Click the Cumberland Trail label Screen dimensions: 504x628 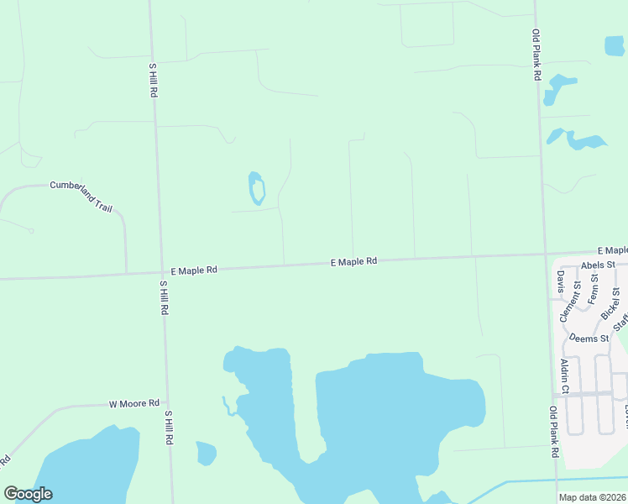click(x=81, y=196)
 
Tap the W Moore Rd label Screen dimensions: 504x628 click(x=134, y=404)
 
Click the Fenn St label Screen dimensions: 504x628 click(x=593, y=289)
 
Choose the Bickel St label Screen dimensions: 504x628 click(x=610, y=303)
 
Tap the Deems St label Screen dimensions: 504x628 click(x=589, y=339)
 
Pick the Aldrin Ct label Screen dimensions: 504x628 click(x=565, y=375)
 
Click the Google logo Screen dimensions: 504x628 click(x=28, y=494)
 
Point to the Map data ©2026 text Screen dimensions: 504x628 click(x=593, y=496)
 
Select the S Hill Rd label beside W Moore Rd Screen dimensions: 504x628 click(x=169, y=427)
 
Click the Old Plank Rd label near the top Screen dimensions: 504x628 click(x=536, y=55)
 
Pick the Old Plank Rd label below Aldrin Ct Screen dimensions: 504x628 click(x=554, y=432)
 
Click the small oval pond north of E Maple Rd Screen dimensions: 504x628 click(x=257, y=188)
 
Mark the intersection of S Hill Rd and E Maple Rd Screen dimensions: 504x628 click(x=160, y=272)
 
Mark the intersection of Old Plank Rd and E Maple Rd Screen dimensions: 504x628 click(x=545, y=254)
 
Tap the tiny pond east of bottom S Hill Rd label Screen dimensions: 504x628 click(x=206, y=453)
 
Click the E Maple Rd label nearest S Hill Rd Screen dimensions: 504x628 click(x=194, y=270)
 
